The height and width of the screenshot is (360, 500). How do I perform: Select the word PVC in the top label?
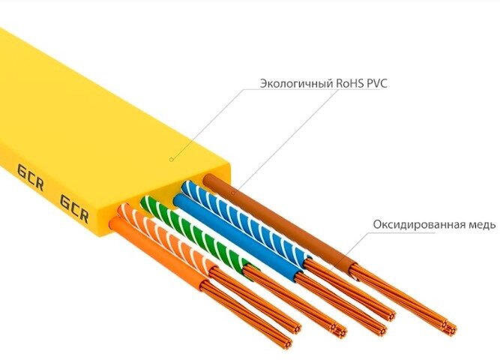(379, 83)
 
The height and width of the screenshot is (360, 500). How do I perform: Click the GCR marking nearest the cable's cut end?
(74, 209)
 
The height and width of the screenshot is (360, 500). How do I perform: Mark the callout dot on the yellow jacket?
(171, 160)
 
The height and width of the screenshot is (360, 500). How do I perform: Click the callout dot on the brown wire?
(233, 193)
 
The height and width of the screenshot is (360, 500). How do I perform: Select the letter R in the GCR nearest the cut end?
(84, 216)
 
